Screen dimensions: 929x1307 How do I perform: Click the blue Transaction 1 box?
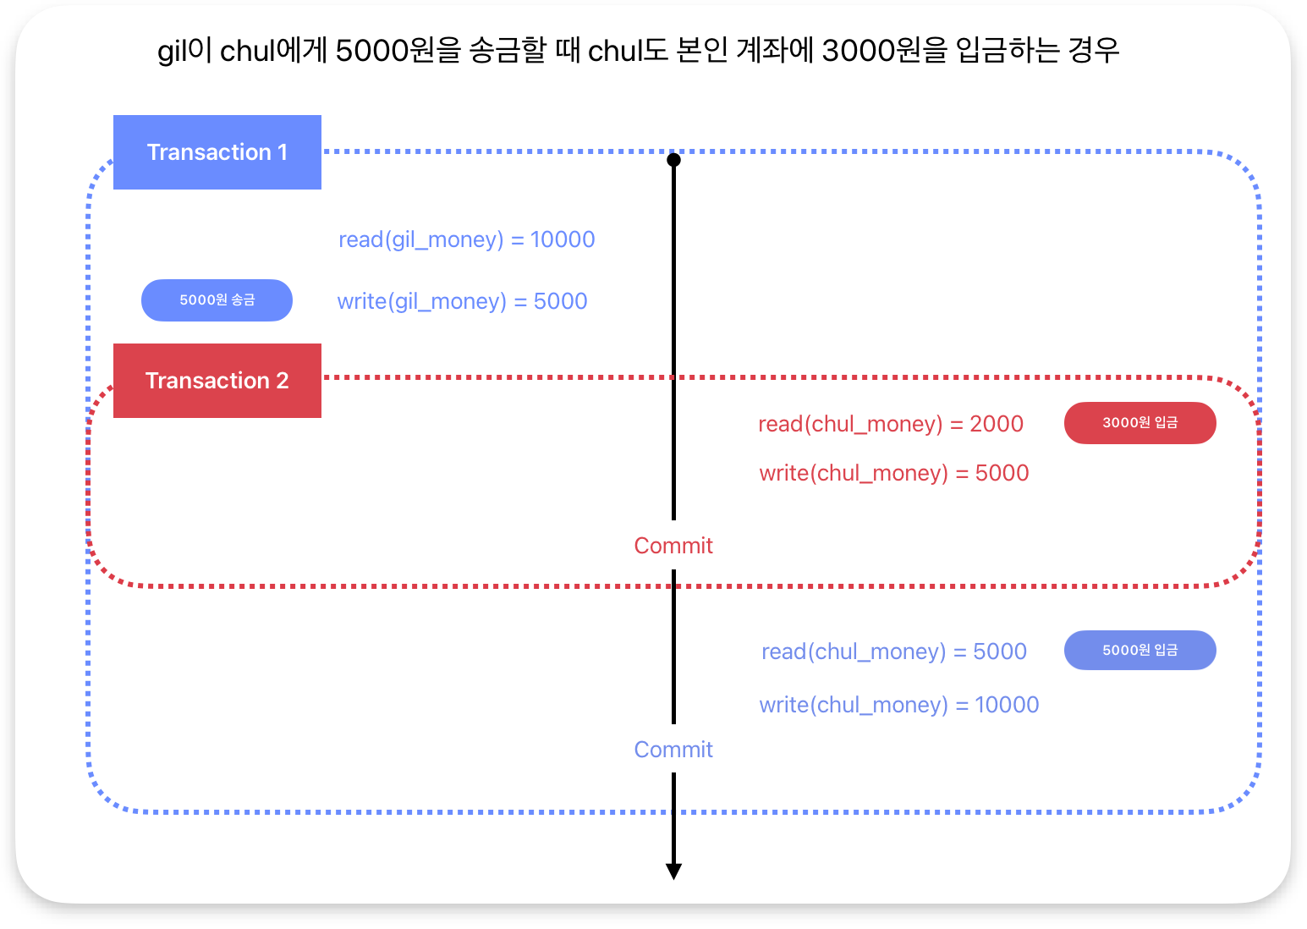pos(217,152)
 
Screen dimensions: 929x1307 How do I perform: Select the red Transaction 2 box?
pos(217,381)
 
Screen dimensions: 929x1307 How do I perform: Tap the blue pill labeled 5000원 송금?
pos(217,300)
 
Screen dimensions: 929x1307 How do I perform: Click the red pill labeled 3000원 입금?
pos(1140,423)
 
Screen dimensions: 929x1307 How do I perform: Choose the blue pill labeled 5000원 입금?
pos(1140,651)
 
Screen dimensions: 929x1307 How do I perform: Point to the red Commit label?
pos(673,546)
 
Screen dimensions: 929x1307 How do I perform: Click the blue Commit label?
pos(673,750)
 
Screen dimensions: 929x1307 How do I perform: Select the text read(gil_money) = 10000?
pos(466,240)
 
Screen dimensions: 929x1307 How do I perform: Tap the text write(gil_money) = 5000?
pos(462,302)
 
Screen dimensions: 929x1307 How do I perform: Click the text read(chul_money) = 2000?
pos(890,424)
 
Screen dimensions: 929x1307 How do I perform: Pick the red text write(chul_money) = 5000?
pos(893,473)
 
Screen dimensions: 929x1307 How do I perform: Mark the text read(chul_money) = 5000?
pos(893,651)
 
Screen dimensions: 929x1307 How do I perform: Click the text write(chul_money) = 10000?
pos(898,705)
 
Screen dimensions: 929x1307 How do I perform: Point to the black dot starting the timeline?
pos(673,160)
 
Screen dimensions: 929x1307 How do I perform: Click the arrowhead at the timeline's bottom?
pos(673,871)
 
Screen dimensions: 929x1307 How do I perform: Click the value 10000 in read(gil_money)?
pos(563,240)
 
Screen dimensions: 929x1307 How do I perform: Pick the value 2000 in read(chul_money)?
pos(997,424)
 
